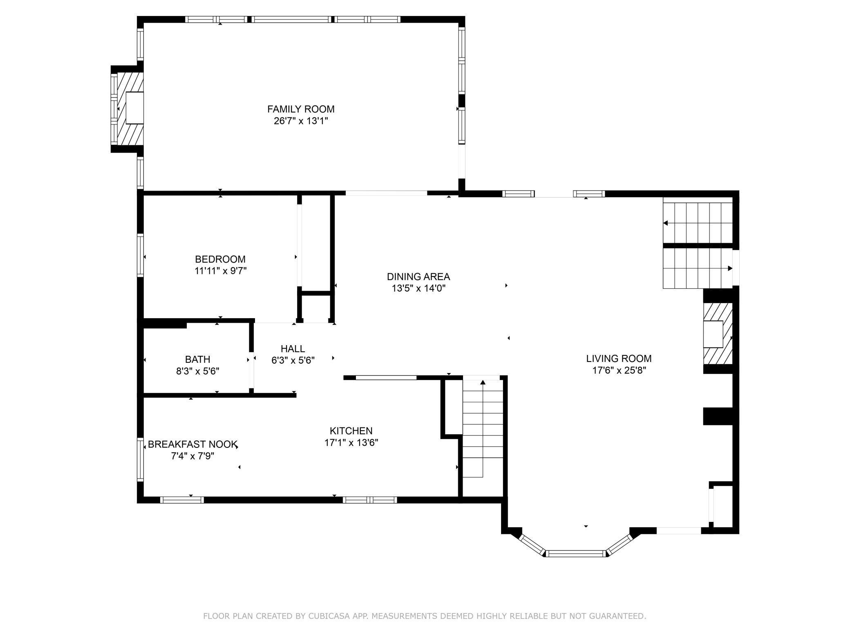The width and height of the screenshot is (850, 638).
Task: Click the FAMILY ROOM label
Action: (x=301, y=109)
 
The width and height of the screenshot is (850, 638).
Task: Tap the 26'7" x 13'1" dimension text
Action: (x=301, y=121)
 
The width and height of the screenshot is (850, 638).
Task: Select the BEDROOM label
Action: (x=220, y=259)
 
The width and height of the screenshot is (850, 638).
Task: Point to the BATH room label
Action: (x=198, y=359)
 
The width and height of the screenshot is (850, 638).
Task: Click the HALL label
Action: (x=293, y=349)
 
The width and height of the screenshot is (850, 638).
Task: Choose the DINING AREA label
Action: (x=418, y=277)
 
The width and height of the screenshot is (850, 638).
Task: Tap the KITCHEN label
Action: (x=351, y=431)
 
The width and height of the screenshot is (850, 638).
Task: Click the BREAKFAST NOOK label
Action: (x=192, y=445)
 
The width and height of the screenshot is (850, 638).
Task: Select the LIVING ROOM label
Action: (x=619, y=359)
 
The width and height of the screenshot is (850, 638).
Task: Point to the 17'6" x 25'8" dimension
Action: (x=619, y=371)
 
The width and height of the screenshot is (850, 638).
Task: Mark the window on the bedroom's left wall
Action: (x=140, y=256)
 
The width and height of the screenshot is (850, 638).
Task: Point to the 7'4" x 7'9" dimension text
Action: (x=192, y=456)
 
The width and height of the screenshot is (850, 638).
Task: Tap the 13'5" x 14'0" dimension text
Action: (x=418, y=288)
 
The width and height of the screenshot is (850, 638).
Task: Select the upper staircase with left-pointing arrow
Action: (x=697, y=223)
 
